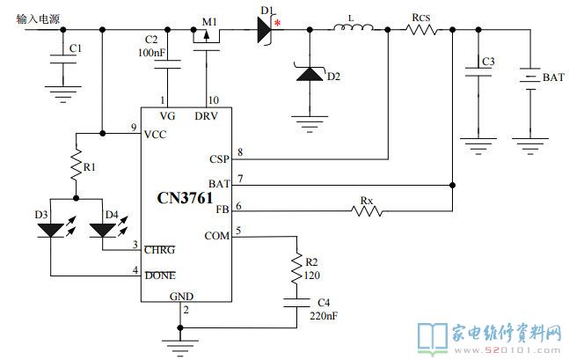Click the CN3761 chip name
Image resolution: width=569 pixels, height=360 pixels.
pos(185,198)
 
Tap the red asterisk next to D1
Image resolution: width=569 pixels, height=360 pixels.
pos(277,23)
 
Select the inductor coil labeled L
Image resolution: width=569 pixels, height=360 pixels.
pos(353,27)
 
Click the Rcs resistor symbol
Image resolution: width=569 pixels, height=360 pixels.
pos(421,29)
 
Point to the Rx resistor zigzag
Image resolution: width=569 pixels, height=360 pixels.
pos(367,210)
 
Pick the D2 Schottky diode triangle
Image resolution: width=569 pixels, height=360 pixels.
pos(310,74)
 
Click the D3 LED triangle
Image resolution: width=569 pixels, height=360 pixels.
pos(50,231)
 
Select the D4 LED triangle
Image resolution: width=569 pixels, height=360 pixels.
pos(103,231)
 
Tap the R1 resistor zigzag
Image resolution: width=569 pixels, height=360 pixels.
pos(77,164)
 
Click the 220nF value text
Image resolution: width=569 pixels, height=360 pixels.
pos(324,316)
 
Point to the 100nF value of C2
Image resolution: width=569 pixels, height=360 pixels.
pos(151,53)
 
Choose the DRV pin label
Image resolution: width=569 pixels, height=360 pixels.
pos(206,116)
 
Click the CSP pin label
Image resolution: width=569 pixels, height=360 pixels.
pos(219,159)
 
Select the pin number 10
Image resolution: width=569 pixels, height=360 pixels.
pos(214,99)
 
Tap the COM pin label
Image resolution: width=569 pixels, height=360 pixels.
pos(217,236)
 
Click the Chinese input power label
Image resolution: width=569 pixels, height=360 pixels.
pos(38,18)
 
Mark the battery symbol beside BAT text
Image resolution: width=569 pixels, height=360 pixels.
pos(530,79)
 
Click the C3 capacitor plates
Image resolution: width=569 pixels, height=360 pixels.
pos(478,71)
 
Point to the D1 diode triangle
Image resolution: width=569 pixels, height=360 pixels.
pos(265,29)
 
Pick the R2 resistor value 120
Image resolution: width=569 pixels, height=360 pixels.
pos(311,276)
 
